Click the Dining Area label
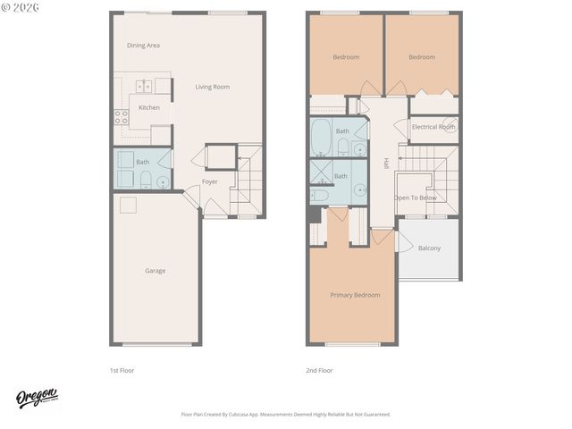pyautogui.click(x=143, y=45)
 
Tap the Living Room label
pyautogui.click(x=213, y=87)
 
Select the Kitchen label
pyautogui.click(x=149, y=107)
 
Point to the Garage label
pyautogui.click(x=156, y=271)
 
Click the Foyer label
pyautogui.click(x=210, y=181)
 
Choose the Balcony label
pyautogui.click(x=429, y=248)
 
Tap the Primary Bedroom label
pyautogui.click(x=355, y=295)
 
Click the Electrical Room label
pyautogui.click(x=433, y=127)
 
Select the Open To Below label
pyautogui.click(x=416, y=198)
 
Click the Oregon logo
pyautogui.click(x=37, y=398)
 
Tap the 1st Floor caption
pyautogui.click(x=122, y=369)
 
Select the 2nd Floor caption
pyautogui.click(x=319, y=369)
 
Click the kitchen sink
pyautogui.click(x=142, y=87)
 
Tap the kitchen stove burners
pyautogui.click(x=121, y=117)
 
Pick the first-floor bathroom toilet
pyautogui.click(x=145, y=181)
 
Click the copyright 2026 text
pyautogui.click(x=20, y=8)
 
